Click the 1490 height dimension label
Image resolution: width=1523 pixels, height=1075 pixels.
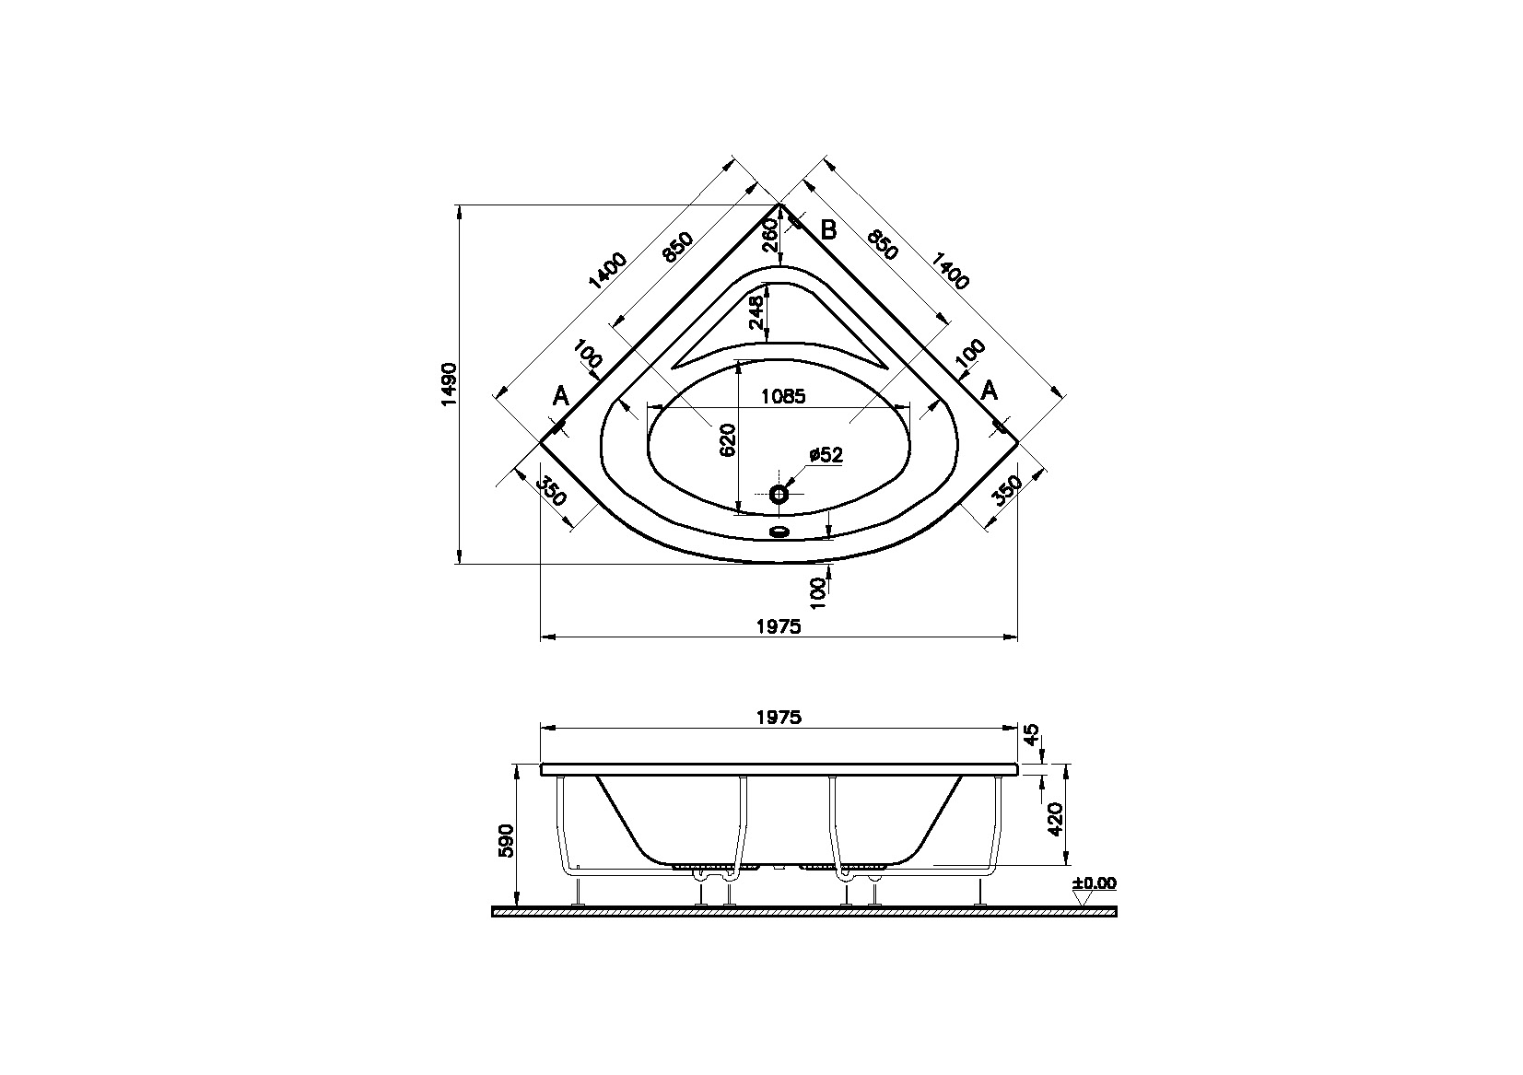[x=449, y=384]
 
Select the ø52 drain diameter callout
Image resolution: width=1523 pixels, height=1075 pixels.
[x=826, y=455]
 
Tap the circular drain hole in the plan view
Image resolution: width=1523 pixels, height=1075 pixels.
[x=779, y=495]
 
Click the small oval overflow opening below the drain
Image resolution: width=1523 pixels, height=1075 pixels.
[x=779, y=532]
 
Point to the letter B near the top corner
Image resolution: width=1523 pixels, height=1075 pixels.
[x=828, y=230]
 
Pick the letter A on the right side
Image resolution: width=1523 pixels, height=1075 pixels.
[x=989, y=391]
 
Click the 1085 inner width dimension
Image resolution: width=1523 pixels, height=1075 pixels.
[x=784, y=397]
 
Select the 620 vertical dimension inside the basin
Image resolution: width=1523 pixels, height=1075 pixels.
[x=728, y=440]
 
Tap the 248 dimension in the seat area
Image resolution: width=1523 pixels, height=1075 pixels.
[x=756, y=312]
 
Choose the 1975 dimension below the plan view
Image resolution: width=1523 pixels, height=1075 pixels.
[x=779, y=626]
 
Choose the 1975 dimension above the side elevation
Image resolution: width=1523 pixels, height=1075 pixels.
[x=779, y=717]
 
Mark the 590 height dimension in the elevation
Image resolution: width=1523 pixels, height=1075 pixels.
[x=505, y=841]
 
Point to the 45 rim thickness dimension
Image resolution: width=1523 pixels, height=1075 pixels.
[x=1032, y=734]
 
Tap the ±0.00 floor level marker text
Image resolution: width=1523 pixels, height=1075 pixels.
[x=1094, y=883]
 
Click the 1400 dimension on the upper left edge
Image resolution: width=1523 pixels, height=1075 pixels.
[x=605, y=270]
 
